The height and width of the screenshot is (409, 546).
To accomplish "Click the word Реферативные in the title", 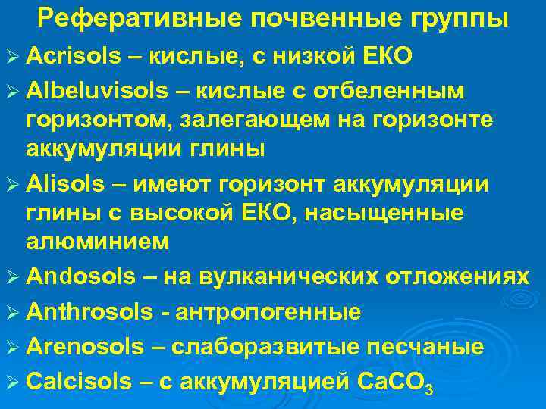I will click(127, 18).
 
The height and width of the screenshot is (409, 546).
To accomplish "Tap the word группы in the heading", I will click(460, 18).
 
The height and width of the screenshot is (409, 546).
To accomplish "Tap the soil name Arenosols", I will click(84, 347).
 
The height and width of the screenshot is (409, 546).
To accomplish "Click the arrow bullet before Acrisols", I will click(13, 55).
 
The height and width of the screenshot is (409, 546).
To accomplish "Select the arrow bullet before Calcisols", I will click(13, 382).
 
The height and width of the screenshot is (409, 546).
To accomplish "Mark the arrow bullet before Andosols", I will click(13, 277).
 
